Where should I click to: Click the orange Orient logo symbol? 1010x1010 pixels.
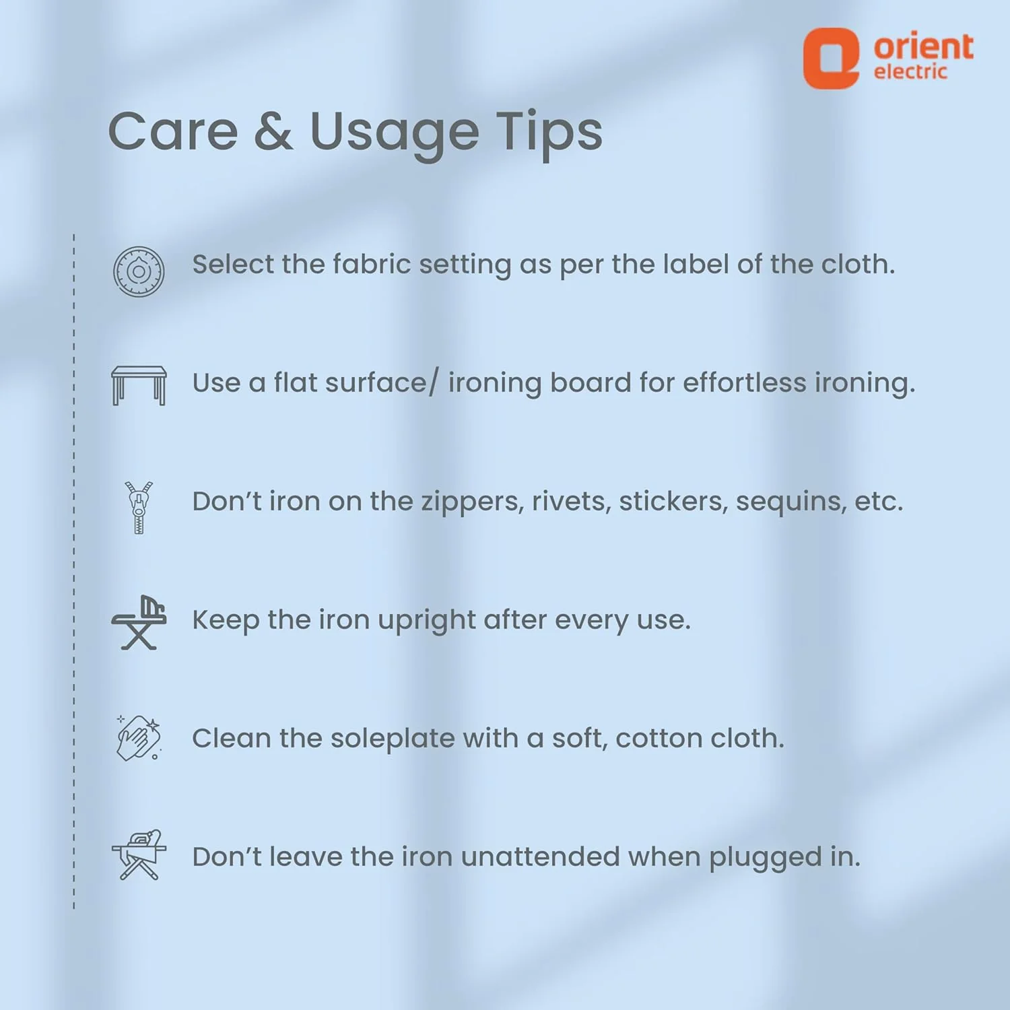coord(831,58)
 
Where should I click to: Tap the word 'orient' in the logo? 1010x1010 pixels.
coord(923,46)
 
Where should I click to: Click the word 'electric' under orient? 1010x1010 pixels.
coord(910,71)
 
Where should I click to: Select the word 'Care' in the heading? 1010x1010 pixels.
coord(173,131)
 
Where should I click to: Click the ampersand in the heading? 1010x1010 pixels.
coord(273,131)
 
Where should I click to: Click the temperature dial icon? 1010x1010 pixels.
coord(139,271)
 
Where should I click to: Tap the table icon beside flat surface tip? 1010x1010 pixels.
coord(139,385)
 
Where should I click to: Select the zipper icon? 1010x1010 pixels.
coord(139,508)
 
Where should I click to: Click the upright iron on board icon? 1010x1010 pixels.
coord(139,623)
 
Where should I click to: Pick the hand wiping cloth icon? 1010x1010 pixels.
coord(139,738)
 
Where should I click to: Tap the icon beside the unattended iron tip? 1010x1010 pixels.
coord(139,855)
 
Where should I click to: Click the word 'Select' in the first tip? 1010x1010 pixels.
coord(233,264)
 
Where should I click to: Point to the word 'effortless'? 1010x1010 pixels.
coord(745,382)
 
